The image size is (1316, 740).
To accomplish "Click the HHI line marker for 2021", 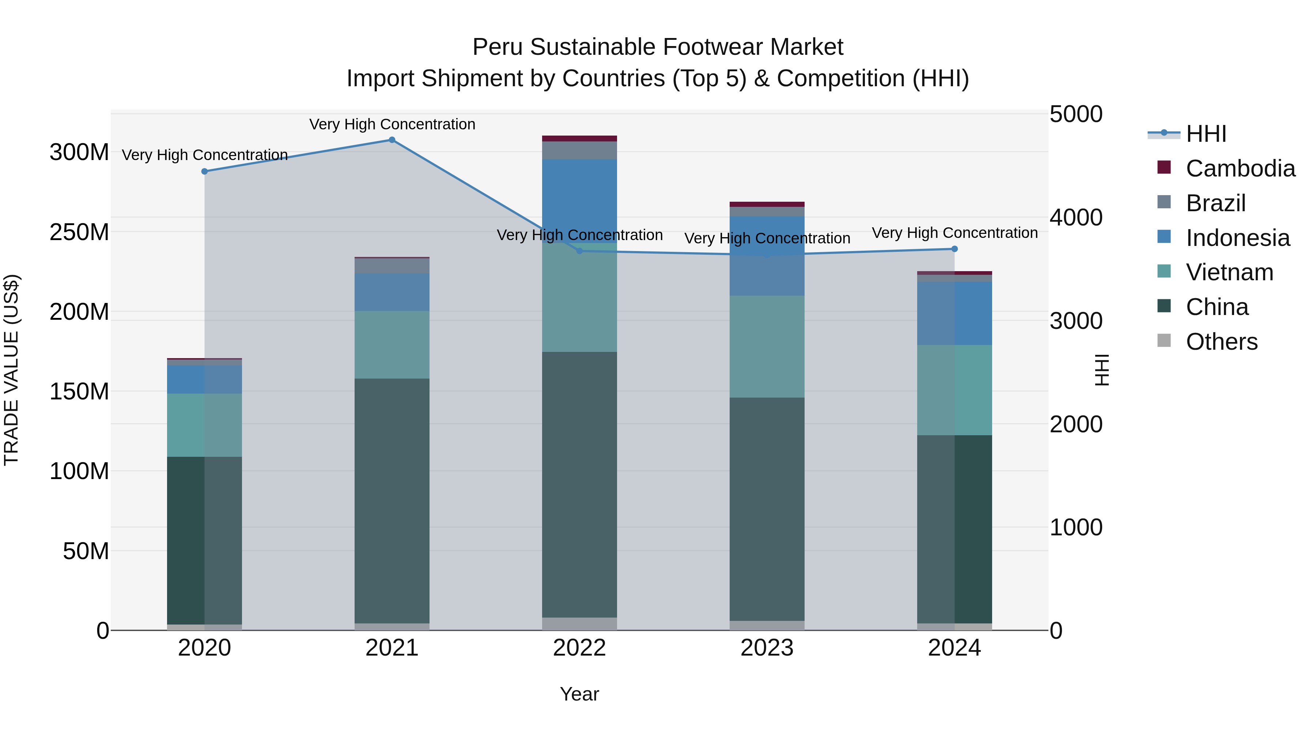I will (392, 140).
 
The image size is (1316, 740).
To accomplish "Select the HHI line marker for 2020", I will (204, 172).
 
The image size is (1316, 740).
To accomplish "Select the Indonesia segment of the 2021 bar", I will (392, 292).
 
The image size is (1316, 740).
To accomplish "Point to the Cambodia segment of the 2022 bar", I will (579, 138).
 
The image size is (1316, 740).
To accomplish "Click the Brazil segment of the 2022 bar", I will (579, 150).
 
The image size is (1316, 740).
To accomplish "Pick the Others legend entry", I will (1221, 342).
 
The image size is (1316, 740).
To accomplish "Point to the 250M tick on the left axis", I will (79, 232).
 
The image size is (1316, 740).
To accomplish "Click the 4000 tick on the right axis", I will (1076, 217).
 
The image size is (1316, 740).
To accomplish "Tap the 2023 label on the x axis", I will (767, 648).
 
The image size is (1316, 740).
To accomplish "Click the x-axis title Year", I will (579, 694).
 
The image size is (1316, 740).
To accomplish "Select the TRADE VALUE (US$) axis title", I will (11, 370).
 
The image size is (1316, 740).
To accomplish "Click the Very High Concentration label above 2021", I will (392, 124).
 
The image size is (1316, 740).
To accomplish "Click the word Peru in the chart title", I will (498, 47).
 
